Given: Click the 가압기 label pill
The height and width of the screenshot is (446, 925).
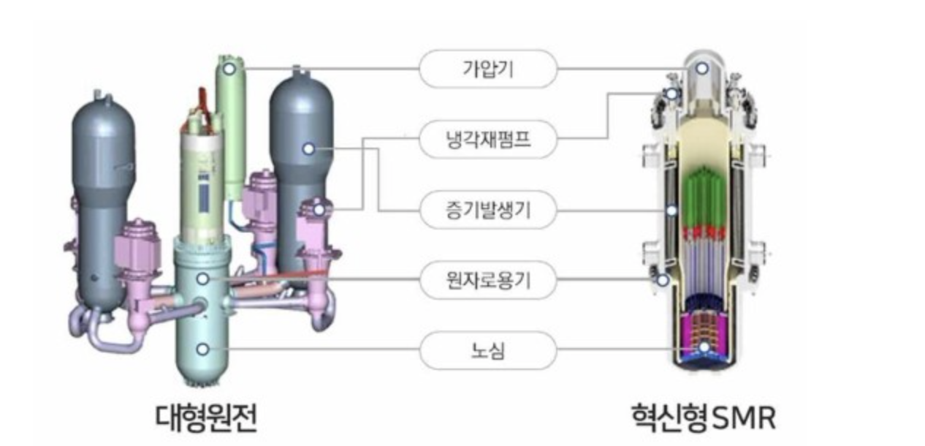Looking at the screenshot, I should [488, 69].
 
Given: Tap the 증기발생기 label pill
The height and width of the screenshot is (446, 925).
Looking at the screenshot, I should [488, 211].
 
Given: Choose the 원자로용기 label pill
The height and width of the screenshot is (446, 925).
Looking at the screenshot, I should [488, 280].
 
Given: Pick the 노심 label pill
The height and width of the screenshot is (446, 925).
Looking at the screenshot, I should [488, 350].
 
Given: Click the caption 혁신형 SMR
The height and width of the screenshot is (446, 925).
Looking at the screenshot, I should [704, 417].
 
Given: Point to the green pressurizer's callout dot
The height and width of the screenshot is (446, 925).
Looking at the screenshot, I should [229, 69].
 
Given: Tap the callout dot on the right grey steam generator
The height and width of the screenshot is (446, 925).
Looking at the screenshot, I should [308, 148].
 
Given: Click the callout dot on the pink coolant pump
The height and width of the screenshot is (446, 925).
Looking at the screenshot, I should [319, 210].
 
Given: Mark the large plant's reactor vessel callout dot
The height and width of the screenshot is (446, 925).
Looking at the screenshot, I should [203, 279].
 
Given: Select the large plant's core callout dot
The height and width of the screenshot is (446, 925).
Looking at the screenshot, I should [203, 349].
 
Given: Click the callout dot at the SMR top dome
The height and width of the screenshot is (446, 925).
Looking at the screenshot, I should [701, 68].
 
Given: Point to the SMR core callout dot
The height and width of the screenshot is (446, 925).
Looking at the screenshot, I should [702, 348].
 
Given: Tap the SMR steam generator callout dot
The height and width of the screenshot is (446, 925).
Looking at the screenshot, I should [671, 211].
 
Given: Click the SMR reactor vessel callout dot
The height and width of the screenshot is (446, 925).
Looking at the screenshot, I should [662, 279].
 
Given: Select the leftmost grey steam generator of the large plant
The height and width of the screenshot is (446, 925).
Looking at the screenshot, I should [103, 197].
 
